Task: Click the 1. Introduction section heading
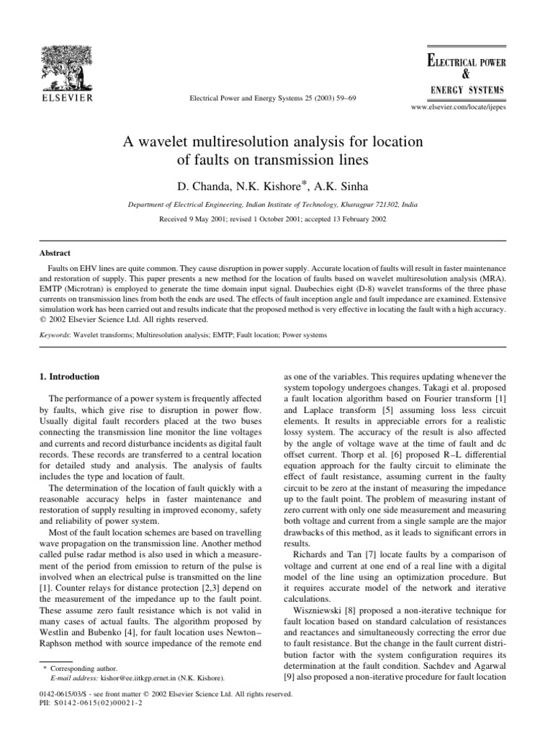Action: pos(71,375)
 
